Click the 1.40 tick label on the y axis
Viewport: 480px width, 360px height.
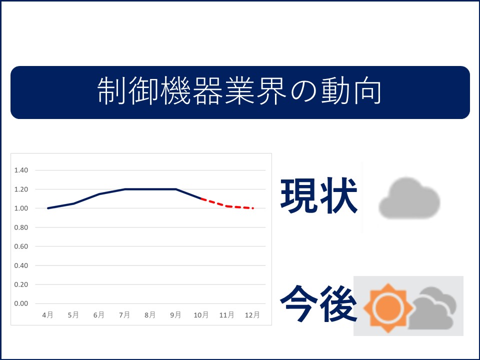21,170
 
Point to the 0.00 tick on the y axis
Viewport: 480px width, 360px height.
21,303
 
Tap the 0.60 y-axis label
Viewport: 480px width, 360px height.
21,246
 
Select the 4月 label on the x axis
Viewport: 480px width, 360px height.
48,314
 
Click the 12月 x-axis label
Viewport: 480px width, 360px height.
252,314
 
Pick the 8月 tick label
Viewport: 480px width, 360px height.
150,314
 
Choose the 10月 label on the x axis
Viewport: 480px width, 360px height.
201,314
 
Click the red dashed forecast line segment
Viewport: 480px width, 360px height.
227,206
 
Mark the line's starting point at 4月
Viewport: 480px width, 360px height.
48,208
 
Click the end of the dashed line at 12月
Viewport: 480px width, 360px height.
253,208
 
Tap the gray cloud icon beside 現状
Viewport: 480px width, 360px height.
409,198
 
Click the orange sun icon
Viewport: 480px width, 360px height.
388,307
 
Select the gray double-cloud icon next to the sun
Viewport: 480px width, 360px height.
432,308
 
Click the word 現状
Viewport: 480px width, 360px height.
319,195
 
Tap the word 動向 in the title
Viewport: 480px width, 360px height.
351,91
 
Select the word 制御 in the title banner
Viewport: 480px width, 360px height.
127,91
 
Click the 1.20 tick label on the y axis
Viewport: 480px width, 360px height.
21,189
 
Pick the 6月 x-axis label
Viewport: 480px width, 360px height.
99,314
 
